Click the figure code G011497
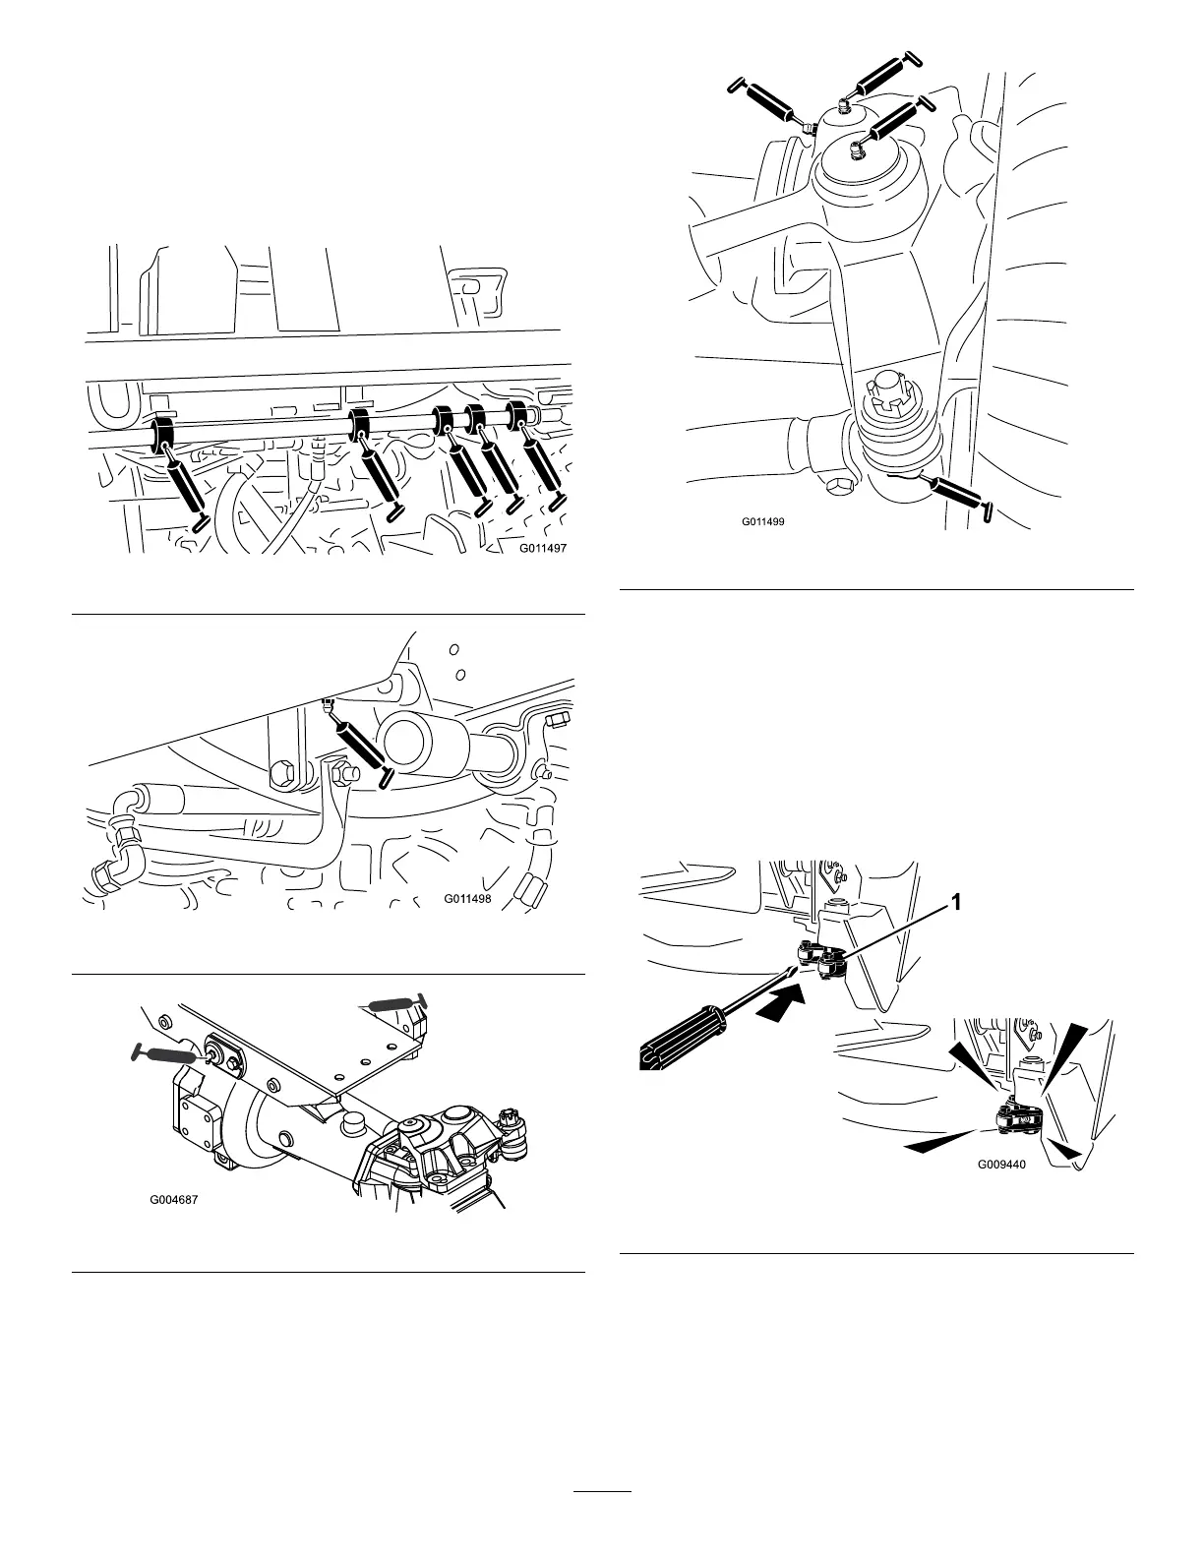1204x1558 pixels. (544, 550)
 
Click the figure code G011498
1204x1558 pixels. (467, 898)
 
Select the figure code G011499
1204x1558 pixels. (762, 521)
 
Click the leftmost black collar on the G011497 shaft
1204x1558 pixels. (159, 435)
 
